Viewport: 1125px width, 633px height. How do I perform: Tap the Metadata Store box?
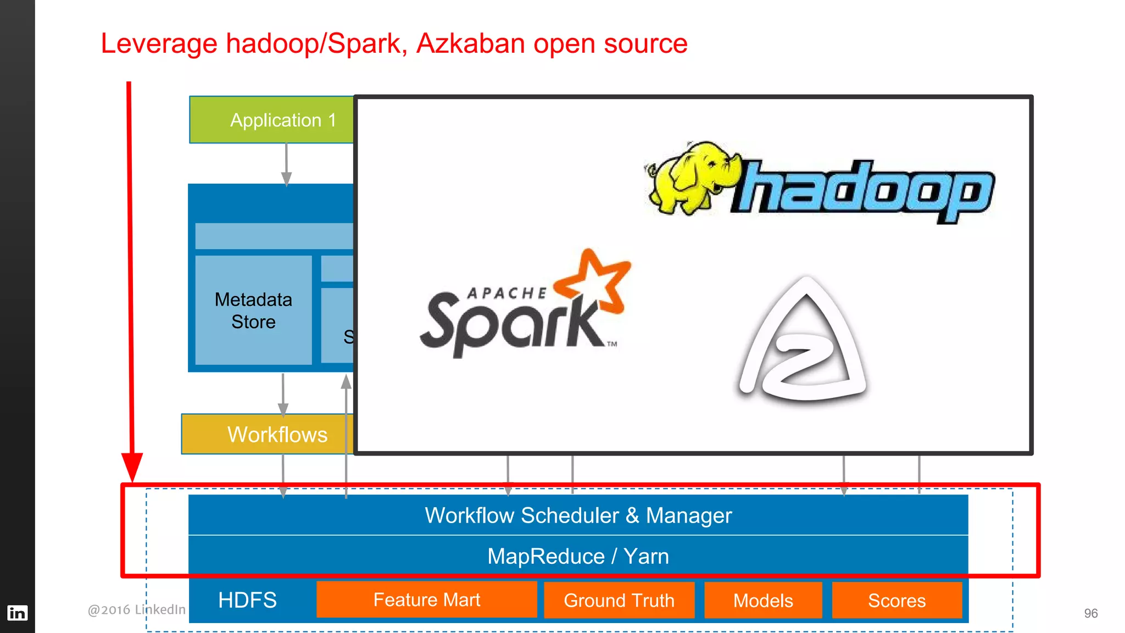coord(253,310)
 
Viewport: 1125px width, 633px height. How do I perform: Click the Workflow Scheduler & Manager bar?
coord(578,515)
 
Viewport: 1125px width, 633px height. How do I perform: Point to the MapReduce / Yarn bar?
coord(578,556)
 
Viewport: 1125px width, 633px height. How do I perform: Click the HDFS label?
coord(247,600)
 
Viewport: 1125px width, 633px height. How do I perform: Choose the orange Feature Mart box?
coord(426,599)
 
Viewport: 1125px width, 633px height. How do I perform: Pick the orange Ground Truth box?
coord(619,600)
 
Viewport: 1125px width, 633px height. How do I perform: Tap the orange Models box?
coord(763,600)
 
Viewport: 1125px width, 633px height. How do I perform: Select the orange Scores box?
coord(896,600)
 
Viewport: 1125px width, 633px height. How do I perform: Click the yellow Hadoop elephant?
coord(692,176)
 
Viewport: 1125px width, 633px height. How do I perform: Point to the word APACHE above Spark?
coord(506,293)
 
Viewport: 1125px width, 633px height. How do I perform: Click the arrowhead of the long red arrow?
coord(132,467)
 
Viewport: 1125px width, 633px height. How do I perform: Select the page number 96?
coord(1090,613)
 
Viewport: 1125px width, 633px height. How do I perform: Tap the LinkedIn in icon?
coord(17,613)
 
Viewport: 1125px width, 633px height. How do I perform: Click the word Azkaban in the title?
coord(470,43)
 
